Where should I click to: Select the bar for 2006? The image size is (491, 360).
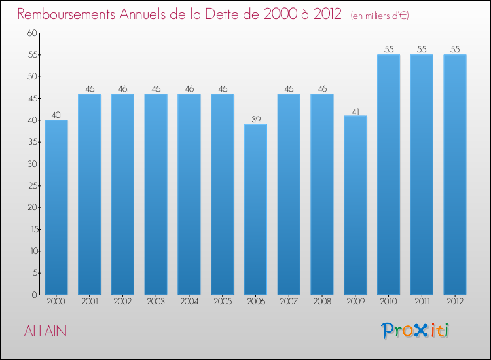coord(255,209)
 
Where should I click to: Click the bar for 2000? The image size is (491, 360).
coord(56,207)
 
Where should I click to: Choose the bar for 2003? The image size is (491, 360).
coord(156,194)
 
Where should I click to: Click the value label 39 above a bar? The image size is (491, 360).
coord(255,119)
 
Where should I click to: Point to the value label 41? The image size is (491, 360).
coord(355,111)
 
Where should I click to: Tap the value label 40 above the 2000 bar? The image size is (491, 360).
coord(56,115)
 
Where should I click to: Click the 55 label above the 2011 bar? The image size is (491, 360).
coord(422,49)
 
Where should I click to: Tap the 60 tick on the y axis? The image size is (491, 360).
coord(31,33)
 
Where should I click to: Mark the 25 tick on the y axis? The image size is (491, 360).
coord(31,186)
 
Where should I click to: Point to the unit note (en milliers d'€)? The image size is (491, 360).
coord(380,15)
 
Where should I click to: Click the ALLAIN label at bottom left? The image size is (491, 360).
coord(45,331)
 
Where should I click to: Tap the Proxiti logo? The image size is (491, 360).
coord(416,331)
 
